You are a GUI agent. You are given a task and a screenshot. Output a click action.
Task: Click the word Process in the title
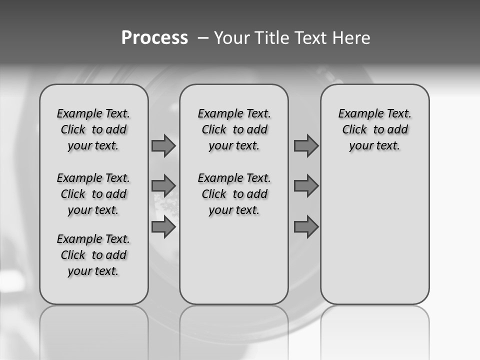[154, 38]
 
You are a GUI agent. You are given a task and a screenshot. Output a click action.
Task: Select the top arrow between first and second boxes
[163, 146]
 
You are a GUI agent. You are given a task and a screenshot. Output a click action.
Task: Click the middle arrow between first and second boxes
[163, 186]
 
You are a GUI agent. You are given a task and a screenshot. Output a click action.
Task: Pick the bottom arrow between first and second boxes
[163, 227]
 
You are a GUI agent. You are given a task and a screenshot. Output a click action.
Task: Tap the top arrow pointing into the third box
[306, 146]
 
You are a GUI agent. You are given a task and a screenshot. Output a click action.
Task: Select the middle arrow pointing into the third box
[306, 186]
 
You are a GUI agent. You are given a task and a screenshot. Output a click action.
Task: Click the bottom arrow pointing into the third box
[306, 227]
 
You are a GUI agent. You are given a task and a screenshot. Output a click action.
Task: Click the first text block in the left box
[93, 129]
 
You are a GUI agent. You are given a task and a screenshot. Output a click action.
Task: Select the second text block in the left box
[93, 194]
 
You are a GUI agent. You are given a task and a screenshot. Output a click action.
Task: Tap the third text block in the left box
[93, 255]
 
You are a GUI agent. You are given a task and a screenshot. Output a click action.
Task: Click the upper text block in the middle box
[234, 129]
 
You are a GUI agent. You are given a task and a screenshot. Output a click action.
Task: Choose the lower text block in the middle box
[234, 194]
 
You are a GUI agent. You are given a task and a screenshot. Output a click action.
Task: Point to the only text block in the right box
[374, 129]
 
